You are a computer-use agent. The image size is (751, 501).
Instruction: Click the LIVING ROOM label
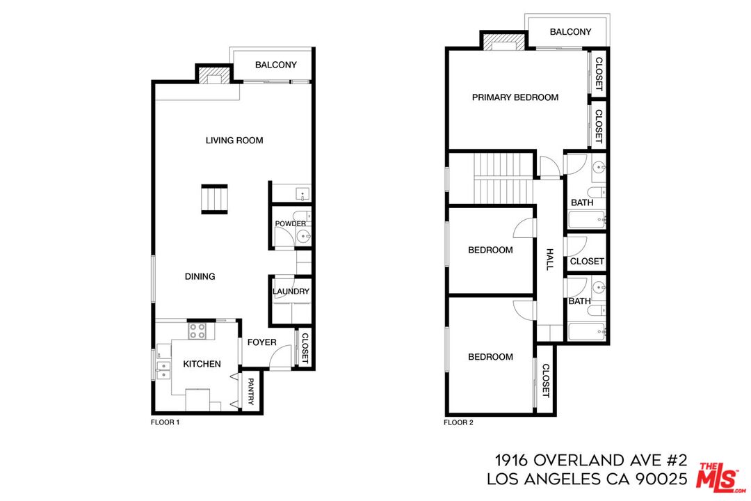point(234,141)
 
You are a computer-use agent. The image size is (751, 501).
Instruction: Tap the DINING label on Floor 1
point(200,276)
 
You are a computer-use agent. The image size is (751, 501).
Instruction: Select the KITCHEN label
point(202,364)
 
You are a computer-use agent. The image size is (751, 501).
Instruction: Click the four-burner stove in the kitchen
point(197,331)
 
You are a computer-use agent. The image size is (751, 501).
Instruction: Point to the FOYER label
point(261,342)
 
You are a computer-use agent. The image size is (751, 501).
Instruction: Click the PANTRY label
point(250,392)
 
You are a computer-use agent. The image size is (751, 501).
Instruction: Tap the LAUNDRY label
point(291,292)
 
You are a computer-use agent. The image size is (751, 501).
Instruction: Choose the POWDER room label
point(290,223)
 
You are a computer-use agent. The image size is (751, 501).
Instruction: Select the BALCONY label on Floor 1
point(275,65)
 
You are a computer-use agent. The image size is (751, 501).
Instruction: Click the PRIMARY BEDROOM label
point(515,97)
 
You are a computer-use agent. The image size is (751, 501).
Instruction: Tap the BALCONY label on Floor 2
point(570,32)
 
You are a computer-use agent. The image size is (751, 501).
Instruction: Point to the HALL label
point(549,260)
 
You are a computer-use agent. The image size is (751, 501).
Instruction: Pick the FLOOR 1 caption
point(165,422)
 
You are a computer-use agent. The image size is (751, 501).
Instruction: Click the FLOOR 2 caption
point(458,422)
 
